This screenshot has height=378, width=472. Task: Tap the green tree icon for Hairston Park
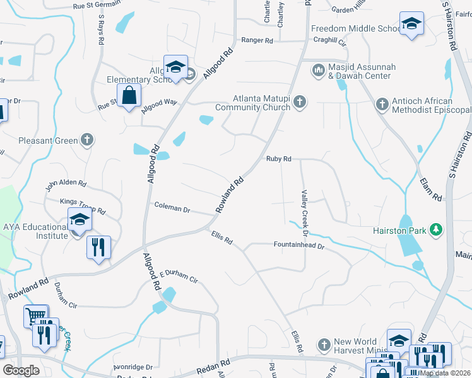(x=435, y=230)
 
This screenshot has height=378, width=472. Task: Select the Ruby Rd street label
(x=278, y=159)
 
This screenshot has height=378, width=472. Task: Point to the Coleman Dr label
(x=172, y=207)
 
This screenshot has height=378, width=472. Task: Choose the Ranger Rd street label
(x=257, y=41)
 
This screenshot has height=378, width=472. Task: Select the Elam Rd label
(x=430, y=188)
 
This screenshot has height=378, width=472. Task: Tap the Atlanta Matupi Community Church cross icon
(x=299, y=102)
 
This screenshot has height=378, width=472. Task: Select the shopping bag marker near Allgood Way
(x=129, y=96)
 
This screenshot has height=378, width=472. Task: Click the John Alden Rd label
(x=65, y=183)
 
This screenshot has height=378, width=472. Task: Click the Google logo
(x=21, y=370)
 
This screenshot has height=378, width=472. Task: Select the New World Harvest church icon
(x=324, y=345)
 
